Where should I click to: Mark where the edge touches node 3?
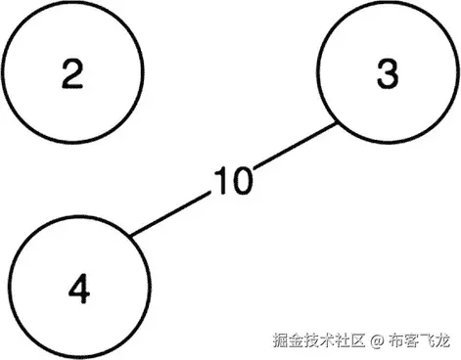[339, 123]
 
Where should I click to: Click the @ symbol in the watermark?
[376, 340]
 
